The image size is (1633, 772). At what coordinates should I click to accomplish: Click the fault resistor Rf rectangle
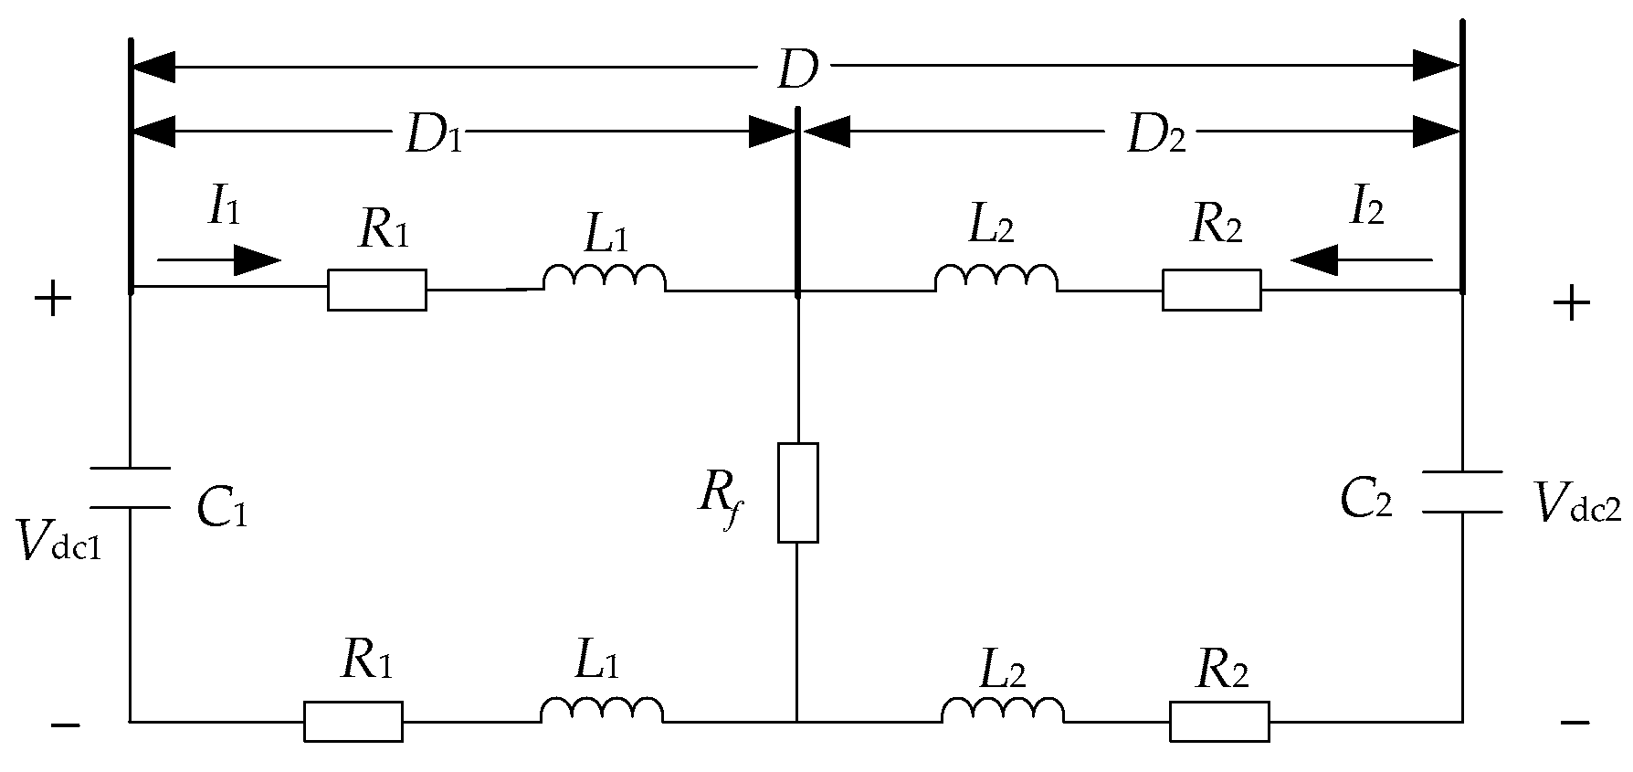[797, 492]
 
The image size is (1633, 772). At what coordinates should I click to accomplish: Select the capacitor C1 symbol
[130, 487]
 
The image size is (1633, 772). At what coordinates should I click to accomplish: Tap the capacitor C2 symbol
[1462, 492]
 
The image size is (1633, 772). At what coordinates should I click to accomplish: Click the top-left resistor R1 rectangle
[376, 290]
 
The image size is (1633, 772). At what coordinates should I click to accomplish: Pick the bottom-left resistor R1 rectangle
[353, 721]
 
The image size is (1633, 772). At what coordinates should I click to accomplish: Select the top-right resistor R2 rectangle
[1211, 290]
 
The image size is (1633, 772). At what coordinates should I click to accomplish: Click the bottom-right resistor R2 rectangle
[1218, 721]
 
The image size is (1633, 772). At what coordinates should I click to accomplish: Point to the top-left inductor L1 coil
[604, 279]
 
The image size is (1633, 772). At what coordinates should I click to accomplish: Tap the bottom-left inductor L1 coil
[601, 711]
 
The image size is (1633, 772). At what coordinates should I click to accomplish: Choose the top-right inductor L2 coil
[996, 279]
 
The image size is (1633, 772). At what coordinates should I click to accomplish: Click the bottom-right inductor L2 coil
[1002, 711]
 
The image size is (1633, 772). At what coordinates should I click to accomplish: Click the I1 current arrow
[219, 260]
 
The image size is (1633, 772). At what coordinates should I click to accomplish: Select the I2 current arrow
[1361, 261]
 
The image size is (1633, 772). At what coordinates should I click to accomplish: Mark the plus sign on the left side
[53, 299]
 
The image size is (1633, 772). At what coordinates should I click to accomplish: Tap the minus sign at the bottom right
[1574, 724]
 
